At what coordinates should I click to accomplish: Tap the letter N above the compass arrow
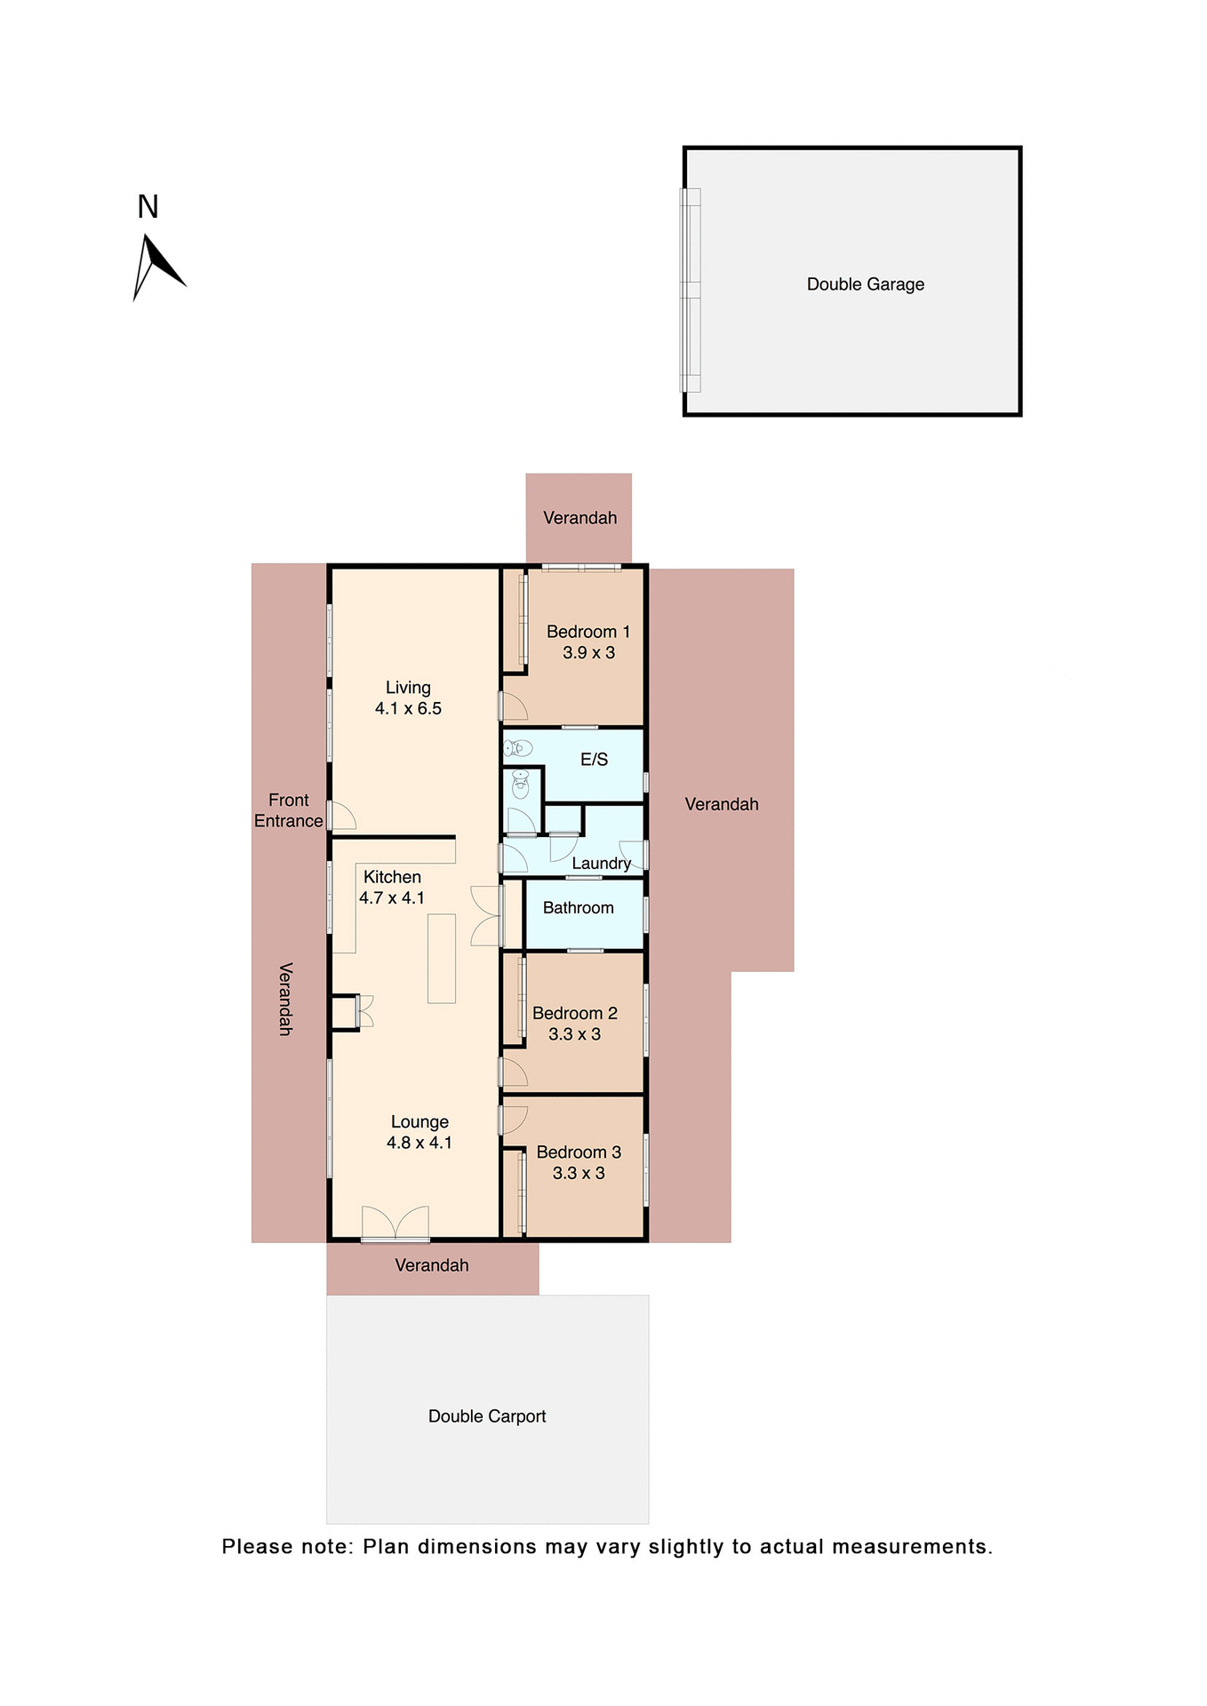tap(148, 207)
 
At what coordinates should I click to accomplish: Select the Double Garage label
tap(865, 284)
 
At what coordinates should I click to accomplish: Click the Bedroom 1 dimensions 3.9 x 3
tap(588, 653)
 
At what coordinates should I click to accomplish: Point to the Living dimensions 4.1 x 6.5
tap(408, 709)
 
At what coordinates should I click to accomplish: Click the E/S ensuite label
tap(594, 760)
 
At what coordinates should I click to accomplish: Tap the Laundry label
tap(601, 864)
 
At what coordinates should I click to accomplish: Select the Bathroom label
tap(578, 908)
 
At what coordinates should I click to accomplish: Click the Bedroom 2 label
tap(574, 1013)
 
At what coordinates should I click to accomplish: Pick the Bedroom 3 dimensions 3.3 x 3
tap(579, 1174)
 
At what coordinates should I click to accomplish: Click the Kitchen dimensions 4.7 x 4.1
tap(392, 898)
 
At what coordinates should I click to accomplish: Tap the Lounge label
tap(420, 1122)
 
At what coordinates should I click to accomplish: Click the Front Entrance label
tap(288, 810)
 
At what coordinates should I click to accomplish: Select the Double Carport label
tap(487, 1416)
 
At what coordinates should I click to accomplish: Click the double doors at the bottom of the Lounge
tap(396, 1224)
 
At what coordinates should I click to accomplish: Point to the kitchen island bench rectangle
tap(442, 959)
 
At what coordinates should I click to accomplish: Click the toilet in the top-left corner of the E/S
tap(518, 748)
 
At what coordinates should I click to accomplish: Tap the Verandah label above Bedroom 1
tap(580, 518)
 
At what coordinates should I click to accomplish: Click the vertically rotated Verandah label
tap(285, 999)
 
